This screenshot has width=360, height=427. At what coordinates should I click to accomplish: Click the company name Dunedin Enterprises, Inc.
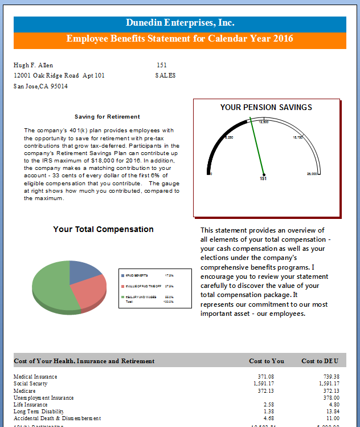180,23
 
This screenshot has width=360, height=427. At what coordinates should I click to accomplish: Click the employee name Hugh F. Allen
33,65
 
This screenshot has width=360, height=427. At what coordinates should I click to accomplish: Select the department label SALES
165,75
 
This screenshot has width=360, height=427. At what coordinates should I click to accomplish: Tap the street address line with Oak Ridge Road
59,75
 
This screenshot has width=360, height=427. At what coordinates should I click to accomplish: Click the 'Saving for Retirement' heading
107,116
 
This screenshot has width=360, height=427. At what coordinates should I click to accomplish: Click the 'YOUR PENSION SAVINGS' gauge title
266,107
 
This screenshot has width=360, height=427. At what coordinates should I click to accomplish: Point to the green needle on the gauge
255,145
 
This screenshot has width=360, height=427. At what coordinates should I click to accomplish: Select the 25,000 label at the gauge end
312,173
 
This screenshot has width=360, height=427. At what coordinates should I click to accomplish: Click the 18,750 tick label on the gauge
298,137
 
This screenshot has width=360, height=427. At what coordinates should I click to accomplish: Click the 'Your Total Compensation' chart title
103,229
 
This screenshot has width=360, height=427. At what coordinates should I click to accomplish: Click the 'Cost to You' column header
267,361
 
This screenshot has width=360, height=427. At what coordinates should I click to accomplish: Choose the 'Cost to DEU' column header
320,361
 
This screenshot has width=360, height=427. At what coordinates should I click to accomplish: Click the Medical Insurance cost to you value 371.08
266,377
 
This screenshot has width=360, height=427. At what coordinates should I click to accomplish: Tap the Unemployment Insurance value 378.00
332,397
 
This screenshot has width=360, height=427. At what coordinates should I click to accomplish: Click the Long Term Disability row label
39,411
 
